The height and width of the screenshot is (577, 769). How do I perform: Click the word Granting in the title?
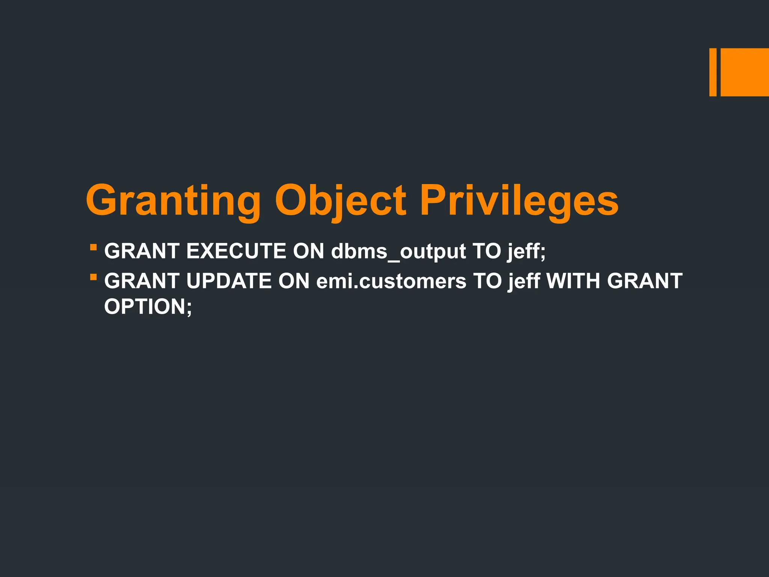pos(173,201)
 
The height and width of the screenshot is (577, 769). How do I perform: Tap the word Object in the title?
pos(340,201)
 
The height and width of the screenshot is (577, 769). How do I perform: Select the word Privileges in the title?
pos(519,201)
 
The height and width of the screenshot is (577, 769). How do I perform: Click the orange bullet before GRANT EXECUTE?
pos(93,248)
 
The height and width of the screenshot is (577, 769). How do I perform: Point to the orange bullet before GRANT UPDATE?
pos(93,278)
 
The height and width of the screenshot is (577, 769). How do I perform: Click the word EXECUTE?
pos(236,251)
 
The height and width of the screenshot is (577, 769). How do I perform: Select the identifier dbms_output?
pos(398,251)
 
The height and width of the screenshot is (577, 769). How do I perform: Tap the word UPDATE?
pos(229,281)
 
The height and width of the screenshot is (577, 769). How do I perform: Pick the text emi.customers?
pos(391,281)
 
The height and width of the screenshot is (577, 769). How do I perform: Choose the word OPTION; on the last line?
pos(148,307)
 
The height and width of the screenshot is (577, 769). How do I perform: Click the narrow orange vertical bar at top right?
pos(713,72)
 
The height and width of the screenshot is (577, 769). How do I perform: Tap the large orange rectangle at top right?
pos(745,72)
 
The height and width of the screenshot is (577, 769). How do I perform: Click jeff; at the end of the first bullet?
pos(526,251)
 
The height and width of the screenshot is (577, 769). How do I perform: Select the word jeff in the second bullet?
pos(524,281)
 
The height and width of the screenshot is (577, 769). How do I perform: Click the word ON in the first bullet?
pos(308,251)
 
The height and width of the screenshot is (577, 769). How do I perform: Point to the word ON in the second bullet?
pos(294,281)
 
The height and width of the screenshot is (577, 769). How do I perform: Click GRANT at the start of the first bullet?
pos(142,251)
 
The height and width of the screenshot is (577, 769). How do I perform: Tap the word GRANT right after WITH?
pos(645,281)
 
